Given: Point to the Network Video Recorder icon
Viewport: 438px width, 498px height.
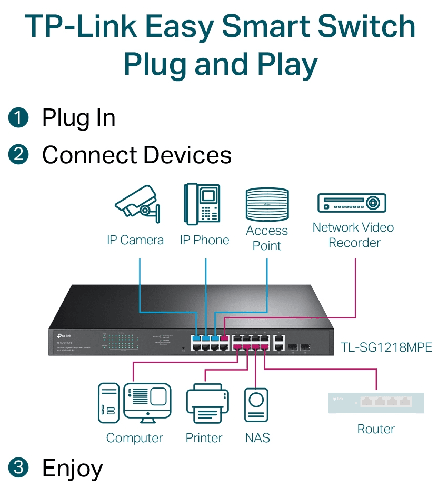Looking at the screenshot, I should tap(352, 203).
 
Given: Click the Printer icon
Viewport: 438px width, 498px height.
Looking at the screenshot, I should tap(207, 403).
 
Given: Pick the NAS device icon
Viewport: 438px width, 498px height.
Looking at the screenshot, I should tap(256, 405).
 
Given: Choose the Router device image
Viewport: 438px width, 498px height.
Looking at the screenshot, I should tap(375, 403).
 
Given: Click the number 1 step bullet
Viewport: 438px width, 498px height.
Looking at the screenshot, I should tap(19, 117).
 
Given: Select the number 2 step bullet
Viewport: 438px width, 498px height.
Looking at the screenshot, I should tap(19, 155).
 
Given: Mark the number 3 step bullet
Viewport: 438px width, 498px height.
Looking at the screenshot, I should tap(19, 467).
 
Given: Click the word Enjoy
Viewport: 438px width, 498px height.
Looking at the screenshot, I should tap(72, 467).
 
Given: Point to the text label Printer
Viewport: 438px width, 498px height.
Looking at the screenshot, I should tap(204, 438).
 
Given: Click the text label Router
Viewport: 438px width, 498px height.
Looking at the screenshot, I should tap(375, 429).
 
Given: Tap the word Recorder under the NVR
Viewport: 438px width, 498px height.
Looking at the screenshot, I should tap(354, 243).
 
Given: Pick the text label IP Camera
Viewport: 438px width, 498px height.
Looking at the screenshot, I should tap(135, 240).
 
